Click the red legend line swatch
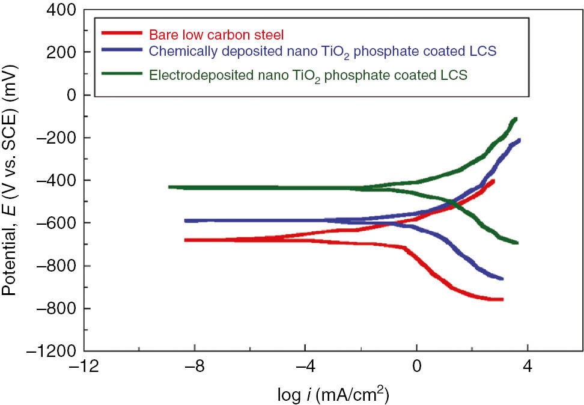pos(123,34)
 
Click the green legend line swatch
pos(123,73)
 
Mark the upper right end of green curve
pos(516,119)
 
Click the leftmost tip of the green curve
pos(169,187)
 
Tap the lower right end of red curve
pos(502,299)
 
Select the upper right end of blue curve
pos(519,140)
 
